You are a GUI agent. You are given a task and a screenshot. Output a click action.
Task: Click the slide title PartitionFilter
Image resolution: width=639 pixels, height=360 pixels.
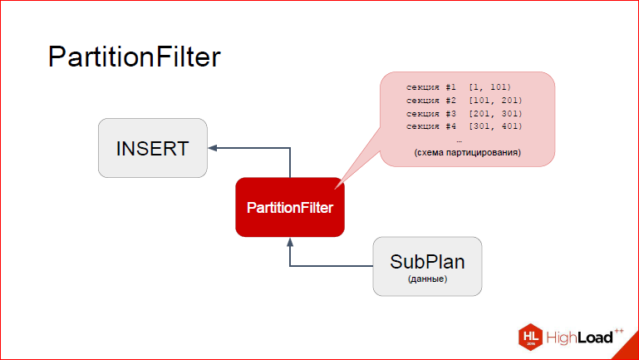pyautogui.click(x=135, y=57)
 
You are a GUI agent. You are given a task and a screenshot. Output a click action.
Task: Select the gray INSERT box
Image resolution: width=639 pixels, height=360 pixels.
pyautogui.click(x=153, y=148)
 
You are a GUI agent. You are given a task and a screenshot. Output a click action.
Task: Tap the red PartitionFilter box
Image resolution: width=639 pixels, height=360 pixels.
pyautogui.click(x=290, y=207)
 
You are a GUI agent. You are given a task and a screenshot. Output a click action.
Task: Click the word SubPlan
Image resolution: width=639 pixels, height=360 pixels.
pyautogui.click(x=427, y=262)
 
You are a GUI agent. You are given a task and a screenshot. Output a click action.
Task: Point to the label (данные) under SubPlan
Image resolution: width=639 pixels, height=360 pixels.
pyautogui.click(x=427, y=279)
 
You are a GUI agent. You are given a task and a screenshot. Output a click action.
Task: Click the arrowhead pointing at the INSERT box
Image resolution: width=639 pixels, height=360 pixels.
pyautogui.click(x=213, y=148)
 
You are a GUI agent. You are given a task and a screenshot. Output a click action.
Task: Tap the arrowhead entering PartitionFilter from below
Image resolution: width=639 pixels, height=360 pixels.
pyautogui.click(x=290, y=242)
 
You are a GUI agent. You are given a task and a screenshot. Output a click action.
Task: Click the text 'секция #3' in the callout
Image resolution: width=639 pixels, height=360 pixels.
pyautogui.click(x=431, y=113)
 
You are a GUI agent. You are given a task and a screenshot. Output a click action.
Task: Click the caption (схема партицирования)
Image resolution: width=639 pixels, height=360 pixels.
pyautogui.click(x=468, y=152)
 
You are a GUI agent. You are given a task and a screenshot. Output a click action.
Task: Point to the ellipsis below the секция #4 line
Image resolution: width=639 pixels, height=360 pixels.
pyautogui.click(x=460, y=141)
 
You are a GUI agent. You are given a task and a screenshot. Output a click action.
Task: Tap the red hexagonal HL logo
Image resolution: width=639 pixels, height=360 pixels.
pyautogui.click(x=531, y=338)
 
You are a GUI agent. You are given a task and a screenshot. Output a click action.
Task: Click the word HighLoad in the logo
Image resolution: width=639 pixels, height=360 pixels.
pyautogui.click(x=579, y=338)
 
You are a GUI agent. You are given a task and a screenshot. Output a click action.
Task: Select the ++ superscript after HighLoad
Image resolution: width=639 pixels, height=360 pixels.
pyautogui.click(x=619, y=331)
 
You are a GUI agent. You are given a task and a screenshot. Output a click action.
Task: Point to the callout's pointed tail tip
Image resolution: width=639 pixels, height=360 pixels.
pyautogui.click(x=335, y=190)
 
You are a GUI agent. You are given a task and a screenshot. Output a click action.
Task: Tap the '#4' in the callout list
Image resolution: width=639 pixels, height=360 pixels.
pyautogui.click(x=450, y=126)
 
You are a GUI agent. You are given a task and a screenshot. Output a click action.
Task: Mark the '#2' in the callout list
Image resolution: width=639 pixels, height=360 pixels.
pyautogui.click(x=450, y=101)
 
